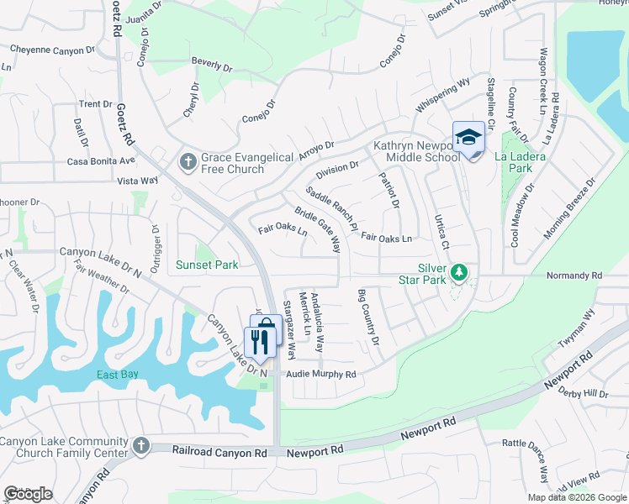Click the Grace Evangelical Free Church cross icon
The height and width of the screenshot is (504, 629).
pos(188,160)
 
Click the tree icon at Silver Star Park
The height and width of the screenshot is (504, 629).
pos(458,272)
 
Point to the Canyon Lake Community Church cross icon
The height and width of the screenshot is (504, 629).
pos(140,445)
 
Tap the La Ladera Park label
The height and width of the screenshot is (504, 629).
pos(521,162)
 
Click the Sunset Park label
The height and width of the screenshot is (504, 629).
pos(207,265)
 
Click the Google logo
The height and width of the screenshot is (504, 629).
pos(28,494)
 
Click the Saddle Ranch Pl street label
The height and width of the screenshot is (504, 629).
pos(332,211)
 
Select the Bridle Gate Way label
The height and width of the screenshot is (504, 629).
pos(318,229)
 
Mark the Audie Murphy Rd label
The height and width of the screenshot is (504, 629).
pos(321,374)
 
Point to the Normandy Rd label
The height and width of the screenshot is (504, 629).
pos(574,275)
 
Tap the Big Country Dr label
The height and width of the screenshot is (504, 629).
pos(369,317)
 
